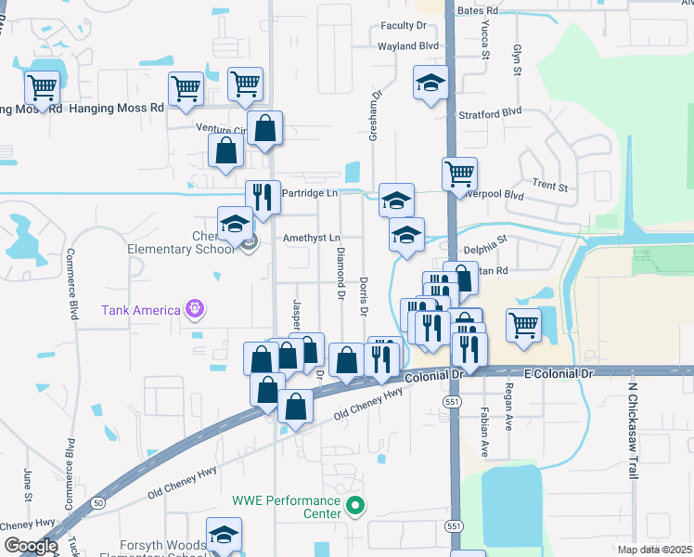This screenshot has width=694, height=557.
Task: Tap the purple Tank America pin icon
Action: [193, 307]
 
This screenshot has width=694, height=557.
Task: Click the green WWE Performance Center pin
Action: [353, 506]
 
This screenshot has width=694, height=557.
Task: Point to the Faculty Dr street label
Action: [403, 26]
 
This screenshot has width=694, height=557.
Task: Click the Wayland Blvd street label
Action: [407, 45]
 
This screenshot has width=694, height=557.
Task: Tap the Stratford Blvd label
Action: [491, 111]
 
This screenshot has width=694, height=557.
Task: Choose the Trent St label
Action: [549, 186]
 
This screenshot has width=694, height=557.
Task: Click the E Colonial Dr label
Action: [558, 372]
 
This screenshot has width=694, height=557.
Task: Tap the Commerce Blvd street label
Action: [71, 282]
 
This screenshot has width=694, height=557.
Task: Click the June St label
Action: [27, 485]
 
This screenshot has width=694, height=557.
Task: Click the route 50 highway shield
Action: [98, 503]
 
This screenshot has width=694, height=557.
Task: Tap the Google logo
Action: [31, 546]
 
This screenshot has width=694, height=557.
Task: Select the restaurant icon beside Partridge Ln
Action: [263, 197]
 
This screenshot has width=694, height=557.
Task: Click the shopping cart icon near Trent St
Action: [460, 174]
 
